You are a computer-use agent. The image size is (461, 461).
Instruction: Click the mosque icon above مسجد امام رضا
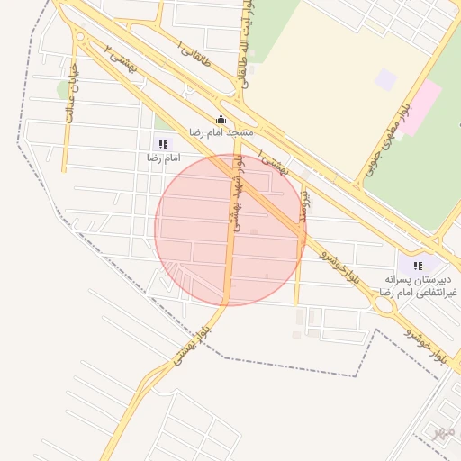pyautogui.click(x=221, y=120)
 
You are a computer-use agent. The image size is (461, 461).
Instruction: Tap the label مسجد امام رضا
pyautogui.click(x=221, y=133)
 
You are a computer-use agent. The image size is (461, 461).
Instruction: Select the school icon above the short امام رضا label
pyautogui.click(x=163, y=144)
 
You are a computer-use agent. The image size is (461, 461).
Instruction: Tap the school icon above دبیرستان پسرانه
pyautogui.click(x=417, y=266)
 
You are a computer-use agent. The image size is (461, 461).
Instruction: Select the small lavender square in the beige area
pyautogui.click(x=385, y=79)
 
